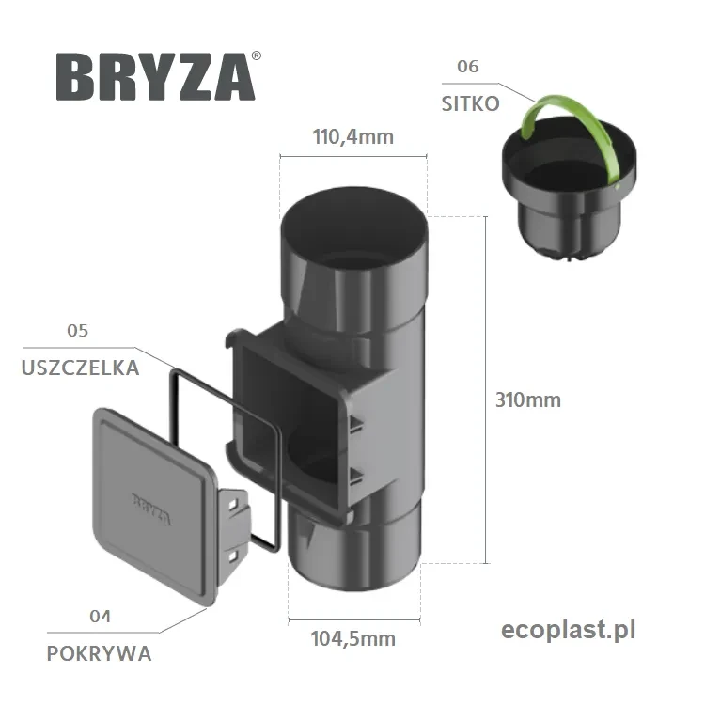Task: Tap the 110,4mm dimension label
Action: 352,137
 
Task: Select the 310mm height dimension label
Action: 528,399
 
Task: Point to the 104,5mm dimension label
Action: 352,639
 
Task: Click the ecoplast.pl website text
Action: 569,629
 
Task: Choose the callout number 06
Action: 467,67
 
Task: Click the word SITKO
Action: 470,104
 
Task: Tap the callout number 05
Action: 78,330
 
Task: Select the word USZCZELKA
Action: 80,368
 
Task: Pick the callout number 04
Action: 100,617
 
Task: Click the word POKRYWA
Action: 99,654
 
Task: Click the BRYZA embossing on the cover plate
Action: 150,499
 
